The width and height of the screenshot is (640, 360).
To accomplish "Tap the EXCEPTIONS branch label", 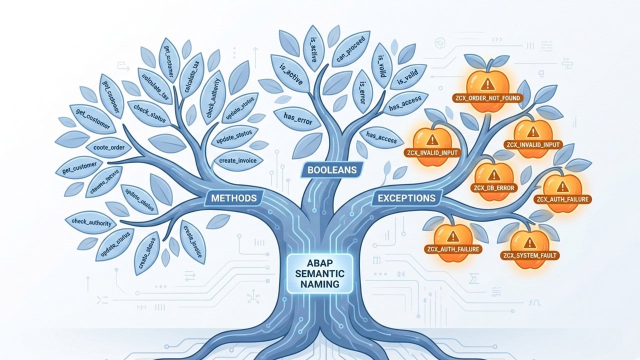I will pos(406,198).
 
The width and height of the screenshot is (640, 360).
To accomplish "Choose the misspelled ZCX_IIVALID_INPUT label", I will pos(433,152).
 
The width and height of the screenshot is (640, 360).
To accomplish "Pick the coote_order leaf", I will pos(108,148).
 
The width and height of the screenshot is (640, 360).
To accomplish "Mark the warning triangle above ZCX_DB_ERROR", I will pos(493,174).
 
